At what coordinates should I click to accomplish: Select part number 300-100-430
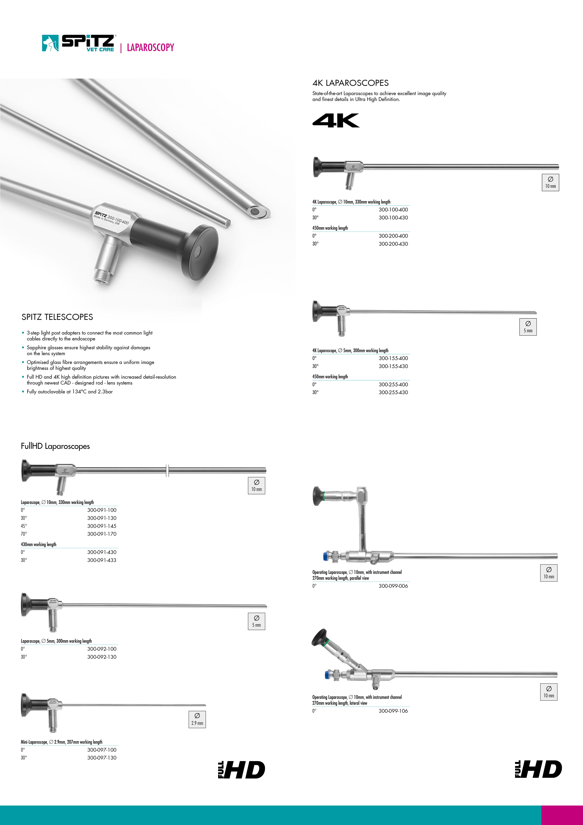coord(393,217)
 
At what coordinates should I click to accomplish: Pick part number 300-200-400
coord(393,236)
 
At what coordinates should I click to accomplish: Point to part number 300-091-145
coord(102,526)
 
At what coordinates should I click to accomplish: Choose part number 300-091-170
coord(102,534)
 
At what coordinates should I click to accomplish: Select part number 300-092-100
coord(102,649)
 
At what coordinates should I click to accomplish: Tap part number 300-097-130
coord(102,758)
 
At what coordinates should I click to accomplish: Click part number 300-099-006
coord(393,586)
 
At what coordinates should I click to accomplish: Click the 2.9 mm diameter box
coord(197,719)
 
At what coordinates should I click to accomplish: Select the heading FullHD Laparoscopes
coord(55,446)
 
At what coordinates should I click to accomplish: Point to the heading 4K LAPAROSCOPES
coord(350,83)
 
